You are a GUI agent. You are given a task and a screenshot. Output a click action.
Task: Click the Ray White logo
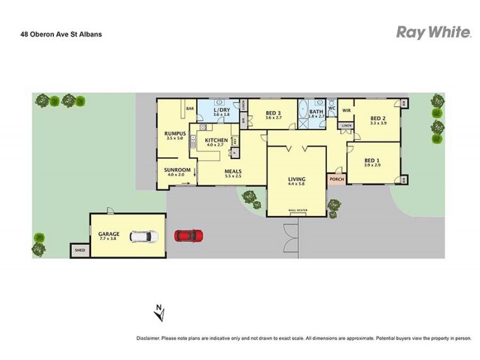coord(433,32)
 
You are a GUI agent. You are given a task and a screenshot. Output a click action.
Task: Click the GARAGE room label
coord(109,234)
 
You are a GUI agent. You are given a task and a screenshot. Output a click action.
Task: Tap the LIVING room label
coord(297,179)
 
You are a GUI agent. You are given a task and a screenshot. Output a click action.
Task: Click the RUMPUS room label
coord(175,133)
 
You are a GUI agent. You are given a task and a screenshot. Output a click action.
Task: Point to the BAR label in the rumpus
coord(190,109)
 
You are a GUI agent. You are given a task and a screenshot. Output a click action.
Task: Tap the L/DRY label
coord(222,110)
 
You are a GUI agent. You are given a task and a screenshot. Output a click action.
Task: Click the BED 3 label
coord(274,113)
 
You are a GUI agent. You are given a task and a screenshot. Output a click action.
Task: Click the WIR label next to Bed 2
coord(346,110)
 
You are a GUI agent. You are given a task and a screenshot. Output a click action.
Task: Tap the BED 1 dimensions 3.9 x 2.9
coord(372,165)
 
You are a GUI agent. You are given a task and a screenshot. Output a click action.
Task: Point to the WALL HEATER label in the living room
coord(298,211)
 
